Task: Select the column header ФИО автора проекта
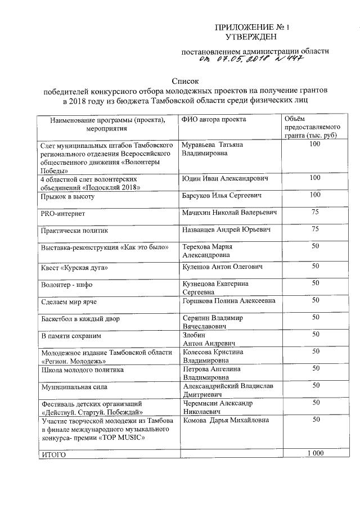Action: click(x=214, y=119)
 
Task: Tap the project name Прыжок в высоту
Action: click(x=66, y=196)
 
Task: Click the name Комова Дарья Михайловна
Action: click(x=226, y=420)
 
